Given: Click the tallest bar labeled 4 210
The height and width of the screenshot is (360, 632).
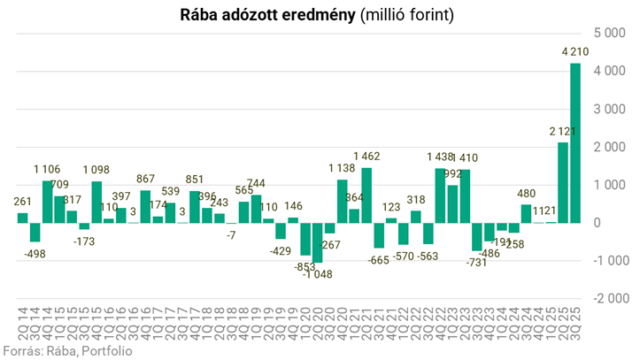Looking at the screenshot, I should (x=574, y=142).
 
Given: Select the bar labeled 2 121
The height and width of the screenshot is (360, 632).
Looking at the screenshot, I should (x=562, y=182).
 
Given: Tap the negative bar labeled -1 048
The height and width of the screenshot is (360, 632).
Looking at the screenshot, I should (x=318, y=242).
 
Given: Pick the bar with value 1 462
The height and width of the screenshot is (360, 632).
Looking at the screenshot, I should (x=366, y=195).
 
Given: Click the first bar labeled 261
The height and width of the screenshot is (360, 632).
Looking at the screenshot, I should (x=23, y=218).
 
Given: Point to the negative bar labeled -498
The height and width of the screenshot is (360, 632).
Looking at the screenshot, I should (x=35, y=232).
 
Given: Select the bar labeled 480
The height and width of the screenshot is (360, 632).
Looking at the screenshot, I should (x=526, y=213).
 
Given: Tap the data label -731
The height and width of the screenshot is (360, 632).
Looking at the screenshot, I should (x=475, y=263).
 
